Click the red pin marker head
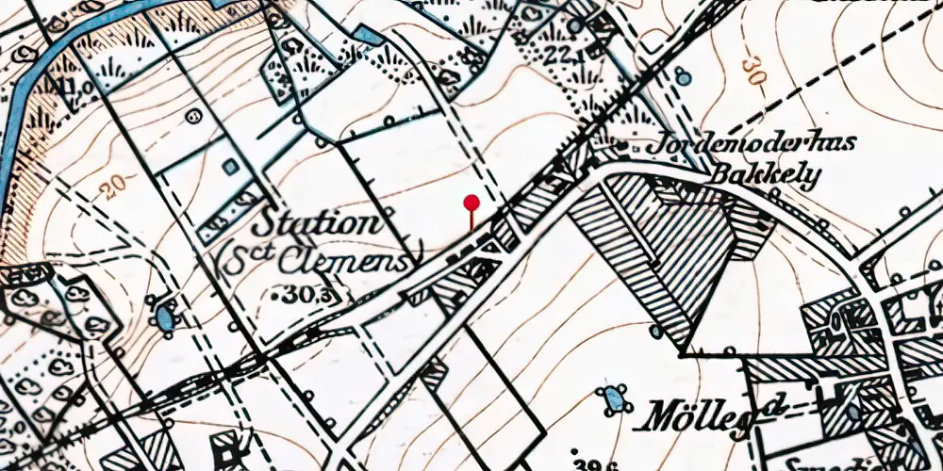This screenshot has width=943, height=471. click(471, 202)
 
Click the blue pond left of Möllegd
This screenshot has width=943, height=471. click(615, 398)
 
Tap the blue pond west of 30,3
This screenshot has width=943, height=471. click(165, 317)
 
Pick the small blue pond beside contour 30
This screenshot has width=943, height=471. click(683, 79)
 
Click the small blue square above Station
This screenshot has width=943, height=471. click(230, 167)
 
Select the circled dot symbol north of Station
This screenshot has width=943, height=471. click(194, 117)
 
